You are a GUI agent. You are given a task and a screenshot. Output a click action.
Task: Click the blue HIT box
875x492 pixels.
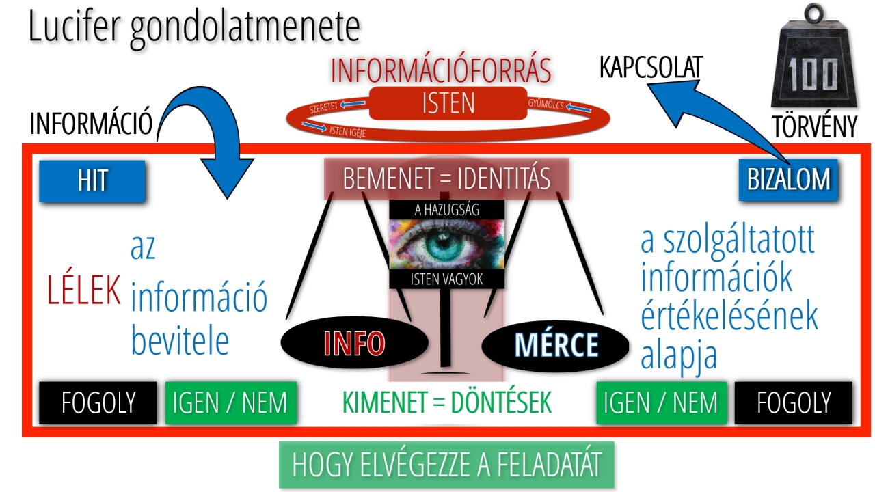92,181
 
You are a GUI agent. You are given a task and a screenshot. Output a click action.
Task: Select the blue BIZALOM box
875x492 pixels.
788,180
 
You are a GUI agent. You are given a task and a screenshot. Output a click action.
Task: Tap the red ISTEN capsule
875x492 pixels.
448,102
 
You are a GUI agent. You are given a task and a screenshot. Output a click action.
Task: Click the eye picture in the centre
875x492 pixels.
446,243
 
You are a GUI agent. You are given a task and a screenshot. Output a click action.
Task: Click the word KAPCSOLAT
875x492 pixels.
651,68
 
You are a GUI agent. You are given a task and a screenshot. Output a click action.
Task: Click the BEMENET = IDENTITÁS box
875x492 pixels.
446,178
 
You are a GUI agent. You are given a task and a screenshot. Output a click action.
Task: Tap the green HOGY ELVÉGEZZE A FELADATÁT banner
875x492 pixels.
446,465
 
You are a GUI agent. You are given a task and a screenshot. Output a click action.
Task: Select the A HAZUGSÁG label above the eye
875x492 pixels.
446,210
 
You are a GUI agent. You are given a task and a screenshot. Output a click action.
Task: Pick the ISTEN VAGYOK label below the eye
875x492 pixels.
446,279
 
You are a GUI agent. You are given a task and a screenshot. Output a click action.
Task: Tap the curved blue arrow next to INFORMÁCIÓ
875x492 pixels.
205,137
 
